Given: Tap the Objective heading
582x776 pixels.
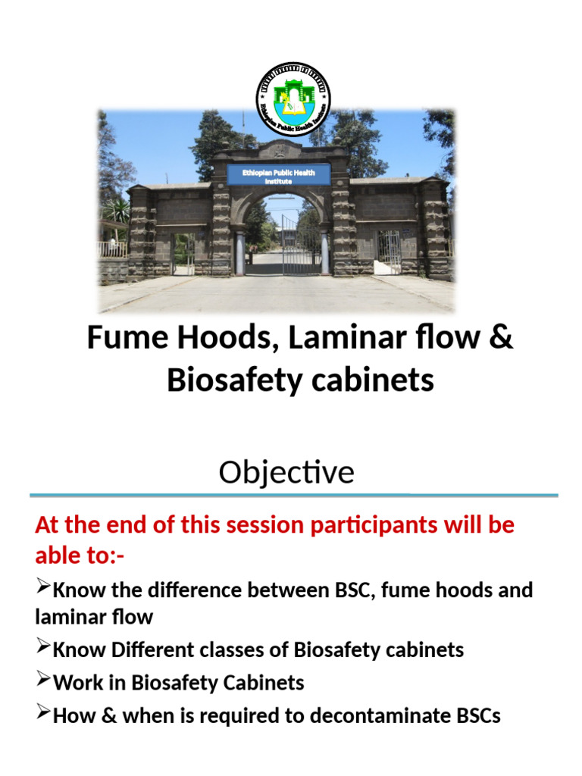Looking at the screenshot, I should point(286,473).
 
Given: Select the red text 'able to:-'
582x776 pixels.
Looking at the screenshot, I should point(80,556).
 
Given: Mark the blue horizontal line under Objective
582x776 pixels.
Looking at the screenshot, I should point(294,496).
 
